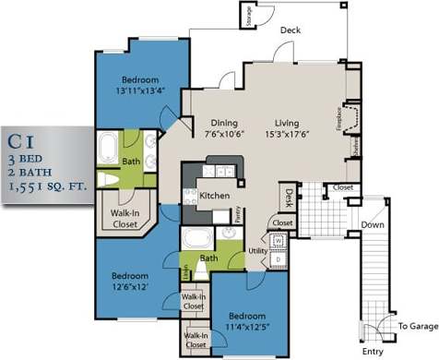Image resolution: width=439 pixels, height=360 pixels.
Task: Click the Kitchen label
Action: click(214, 196)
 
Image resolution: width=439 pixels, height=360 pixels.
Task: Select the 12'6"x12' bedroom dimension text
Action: click(131, 287)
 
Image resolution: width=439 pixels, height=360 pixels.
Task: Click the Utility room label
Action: click(257, 251)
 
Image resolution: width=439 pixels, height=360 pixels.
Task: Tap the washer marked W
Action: click(279, 242)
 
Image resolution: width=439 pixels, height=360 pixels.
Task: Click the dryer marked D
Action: click(279, 260)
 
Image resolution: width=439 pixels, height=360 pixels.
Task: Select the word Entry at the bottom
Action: click(373, 351)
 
